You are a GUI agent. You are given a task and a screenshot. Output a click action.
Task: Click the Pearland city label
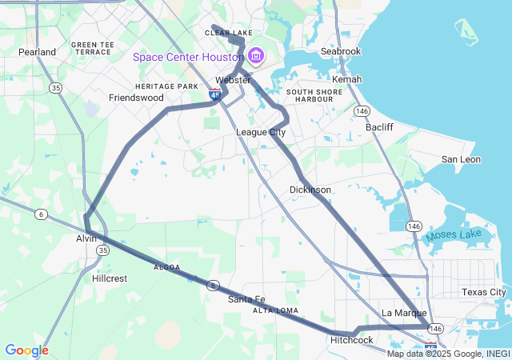38,52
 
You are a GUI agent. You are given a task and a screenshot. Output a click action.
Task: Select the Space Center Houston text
188,57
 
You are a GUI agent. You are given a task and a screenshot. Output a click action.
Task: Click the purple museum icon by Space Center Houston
256,56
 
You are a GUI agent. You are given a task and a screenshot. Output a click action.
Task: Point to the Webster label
233,80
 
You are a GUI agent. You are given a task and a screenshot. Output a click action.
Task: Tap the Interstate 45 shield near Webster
215,94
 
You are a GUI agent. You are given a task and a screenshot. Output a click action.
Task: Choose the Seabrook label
341,51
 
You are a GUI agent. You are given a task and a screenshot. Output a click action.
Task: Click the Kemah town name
346,79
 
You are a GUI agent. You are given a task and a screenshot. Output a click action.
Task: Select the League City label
261,132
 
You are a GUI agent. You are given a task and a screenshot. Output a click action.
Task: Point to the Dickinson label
310,190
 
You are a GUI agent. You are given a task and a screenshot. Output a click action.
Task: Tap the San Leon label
461,159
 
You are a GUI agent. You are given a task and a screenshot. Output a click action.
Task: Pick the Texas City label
483,292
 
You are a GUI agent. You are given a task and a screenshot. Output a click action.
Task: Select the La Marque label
404,313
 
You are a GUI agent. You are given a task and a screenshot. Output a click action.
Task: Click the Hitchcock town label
352,340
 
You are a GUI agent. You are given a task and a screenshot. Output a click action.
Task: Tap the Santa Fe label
246,299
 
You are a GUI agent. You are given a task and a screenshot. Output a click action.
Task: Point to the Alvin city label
86,238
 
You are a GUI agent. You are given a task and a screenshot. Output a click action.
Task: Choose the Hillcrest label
110,278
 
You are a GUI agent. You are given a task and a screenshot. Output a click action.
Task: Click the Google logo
26,350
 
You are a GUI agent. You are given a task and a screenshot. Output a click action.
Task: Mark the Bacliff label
379,127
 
